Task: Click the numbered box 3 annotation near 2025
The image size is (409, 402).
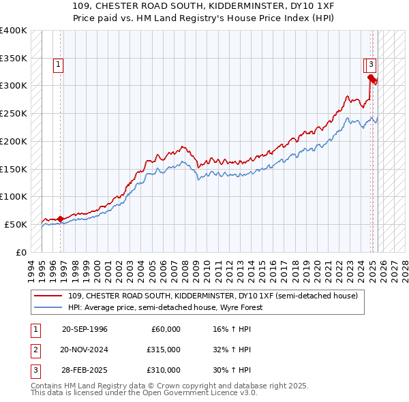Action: [371, 65]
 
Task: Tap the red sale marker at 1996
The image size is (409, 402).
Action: [60, 219]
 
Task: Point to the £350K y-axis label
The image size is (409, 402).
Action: [14, 58]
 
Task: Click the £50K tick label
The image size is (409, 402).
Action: [16, 224]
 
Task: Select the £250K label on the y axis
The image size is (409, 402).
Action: [14, 114]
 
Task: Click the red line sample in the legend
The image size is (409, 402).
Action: [49, 296]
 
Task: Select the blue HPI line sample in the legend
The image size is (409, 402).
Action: [49, 307]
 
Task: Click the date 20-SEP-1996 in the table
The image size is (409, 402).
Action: [85, 329]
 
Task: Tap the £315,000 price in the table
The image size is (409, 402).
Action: [164, 350]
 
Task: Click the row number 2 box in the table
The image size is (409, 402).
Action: [35, 350]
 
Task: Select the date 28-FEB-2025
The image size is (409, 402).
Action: [85, 370]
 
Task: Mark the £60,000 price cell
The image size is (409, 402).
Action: [166, 329]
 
